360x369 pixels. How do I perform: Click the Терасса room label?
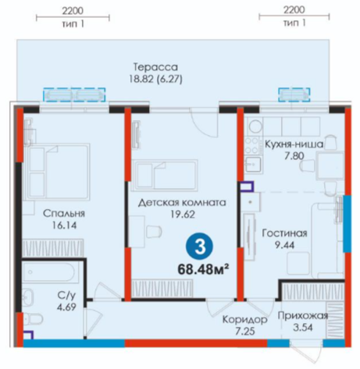click(155, 67)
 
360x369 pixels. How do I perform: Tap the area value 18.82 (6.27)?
click(155, 79)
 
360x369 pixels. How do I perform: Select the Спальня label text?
click(64, 214)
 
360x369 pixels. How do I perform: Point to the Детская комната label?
click(182, 202)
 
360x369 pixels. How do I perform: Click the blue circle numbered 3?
click(199, 247)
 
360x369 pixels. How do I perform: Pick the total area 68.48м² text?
click(203, 269)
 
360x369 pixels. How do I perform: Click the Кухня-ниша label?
click(294, 144)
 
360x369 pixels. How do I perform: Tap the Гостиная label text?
click(284, 233)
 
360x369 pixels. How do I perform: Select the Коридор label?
click(244, 320)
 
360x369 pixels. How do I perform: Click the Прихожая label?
click(302, 315)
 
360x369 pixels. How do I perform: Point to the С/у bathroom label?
click(66, 295)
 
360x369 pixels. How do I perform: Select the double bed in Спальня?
click(57, 172)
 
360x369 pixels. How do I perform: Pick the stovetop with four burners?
click(252, 146)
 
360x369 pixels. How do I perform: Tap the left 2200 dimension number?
click(73, 11)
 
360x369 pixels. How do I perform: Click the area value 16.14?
click(64, 225)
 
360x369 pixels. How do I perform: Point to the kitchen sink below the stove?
click(253, 164)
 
